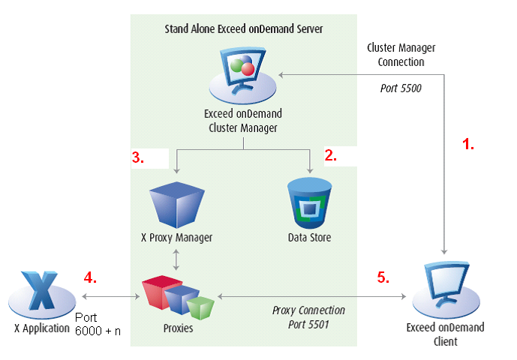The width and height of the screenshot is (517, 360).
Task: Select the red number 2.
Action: point(330,156)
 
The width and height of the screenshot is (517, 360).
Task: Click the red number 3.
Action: point(138,157)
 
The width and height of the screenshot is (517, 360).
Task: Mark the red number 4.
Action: point(90,277)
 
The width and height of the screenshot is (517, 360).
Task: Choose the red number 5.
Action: point(383,277)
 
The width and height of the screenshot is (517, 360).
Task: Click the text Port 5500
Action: point(401,88)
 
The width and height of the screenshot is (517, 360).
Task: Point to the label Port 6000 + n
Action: point(98,324)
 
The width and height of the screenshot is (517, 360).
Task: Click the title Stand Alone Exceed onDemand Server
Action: point(243,29)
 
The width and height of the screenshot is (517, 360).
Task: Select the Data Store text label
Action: point(310,238)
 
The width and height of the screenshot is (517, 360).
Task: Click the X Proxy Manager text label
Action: point(176,238)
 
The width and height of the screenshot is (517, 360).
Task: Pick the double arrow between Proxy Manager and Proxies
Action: point(176,259)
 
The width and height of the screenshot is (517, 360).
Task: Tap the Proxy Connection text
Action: point(308,310)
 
